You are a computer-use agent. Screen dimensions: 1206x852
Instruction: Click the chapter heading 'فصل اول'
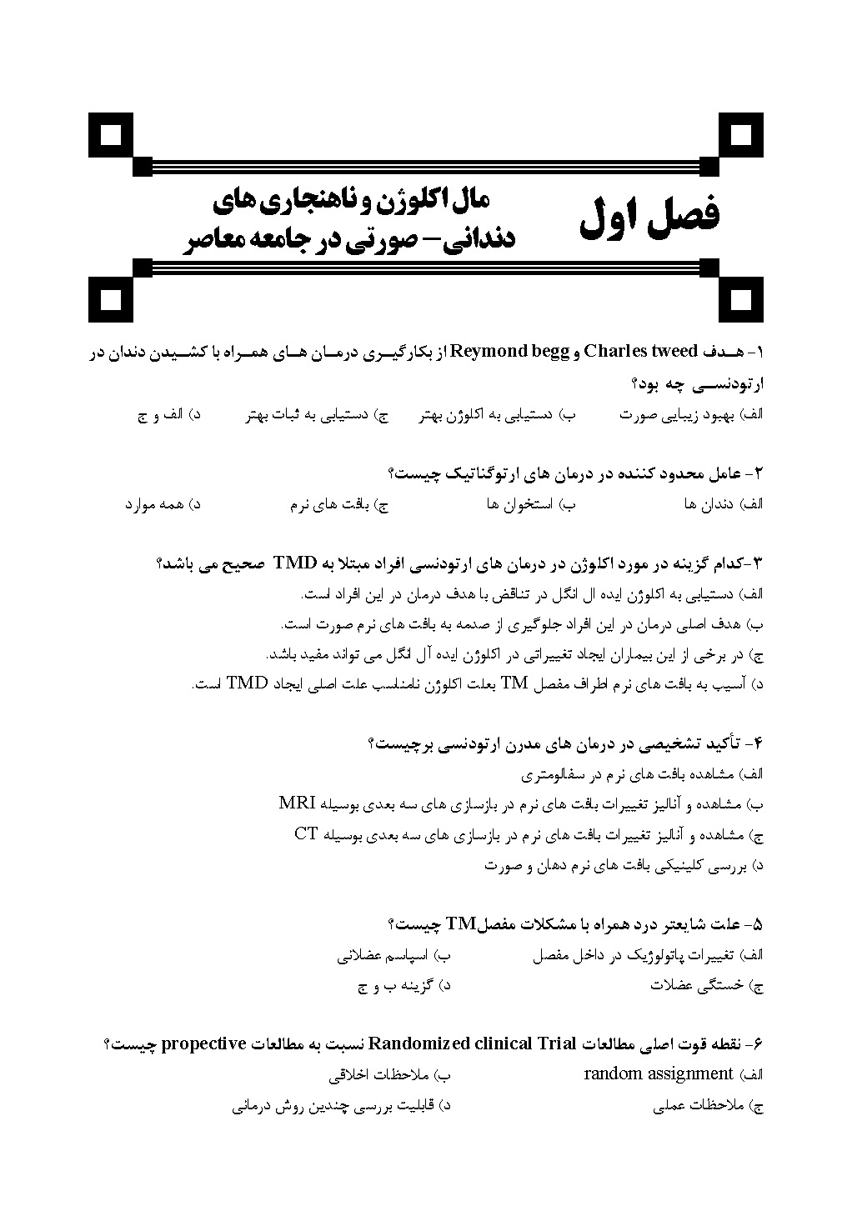649,217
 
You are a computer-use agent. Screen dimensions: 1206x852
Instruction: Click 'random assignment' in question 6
658,1073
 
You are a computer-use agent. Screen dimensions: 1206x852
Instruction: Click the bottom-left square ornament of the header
112,298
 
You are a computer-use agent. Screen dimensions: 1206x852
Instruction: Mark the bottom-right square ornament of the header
740,298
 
